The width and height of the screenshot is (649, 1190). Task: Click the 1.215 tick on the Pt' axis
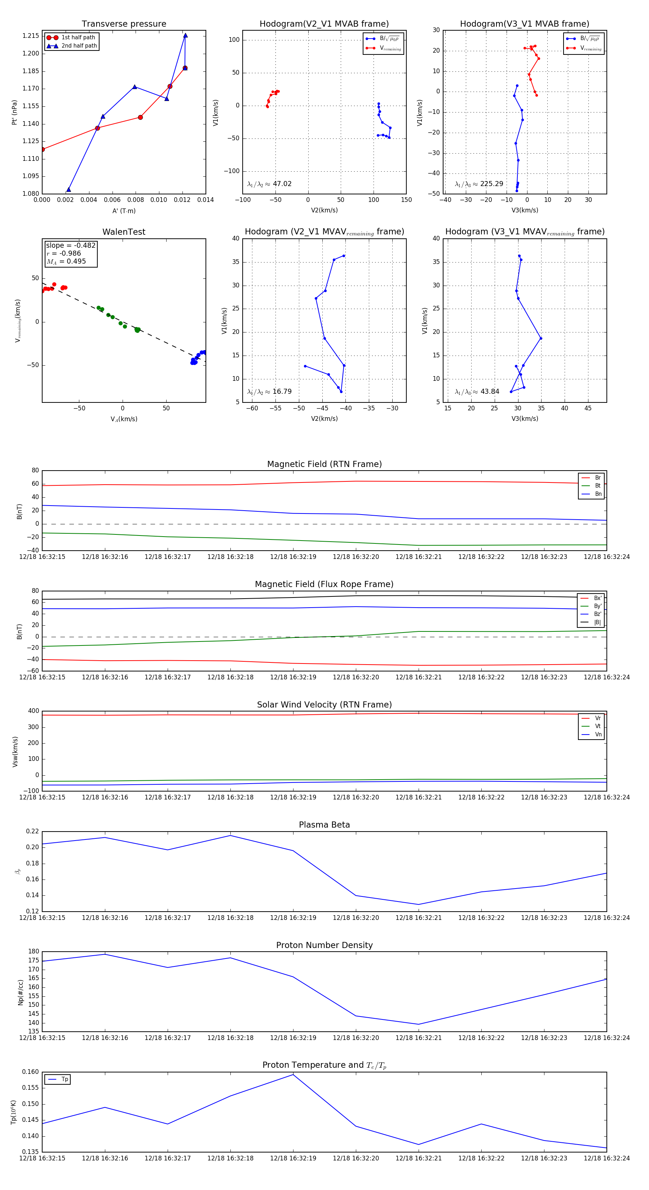pyautogui.click(x=31, y=36)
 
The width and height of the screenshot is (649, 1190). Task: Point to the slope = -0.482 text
pyautogui.click(x=71, y=245)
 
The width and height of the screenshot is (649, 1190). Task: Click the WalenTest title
pyautogui.click(x=124, y=232)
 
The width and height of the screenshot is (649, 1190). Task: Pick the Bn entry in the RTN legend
pyautogui.click(x=598, y=494)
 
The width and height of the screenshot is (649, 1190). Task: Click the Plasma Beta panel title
pyautogui.click(x=324, y=825)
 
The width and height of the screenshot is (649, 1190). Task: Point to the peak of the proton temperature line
pyautogui.click(x=293, y=1075)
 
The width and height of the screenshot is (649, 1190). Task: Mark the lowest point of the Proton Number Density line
pyautogui.click(x=419, y=1024)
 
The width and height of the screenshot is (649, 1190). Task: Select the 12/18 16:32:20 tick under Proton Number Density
pyautogui.click(x=356, y=1037)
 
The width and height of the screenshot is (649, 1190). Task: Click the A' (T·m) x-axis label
pyautogui.click(x=124, y=211)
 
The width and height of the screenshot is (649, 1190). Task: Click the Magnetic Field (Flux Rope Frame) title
pyautogui.click(x=324, y=585)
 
